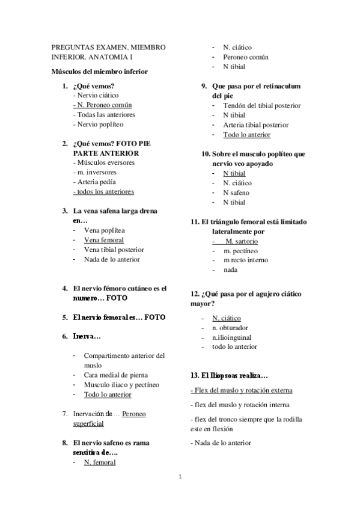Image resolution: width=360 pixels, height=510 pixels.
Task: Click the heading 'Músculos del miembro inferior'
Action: [x=99, y=72]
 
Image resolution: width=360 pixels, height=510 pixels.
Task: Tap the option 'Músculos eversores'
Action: [x=103, y=162]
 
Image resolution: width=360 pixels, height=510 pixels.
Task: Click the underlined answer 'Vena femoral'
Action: [x=104, y=240]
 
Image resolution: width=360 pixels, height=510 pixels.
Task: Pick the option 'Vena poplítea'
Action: [x=105, y=230]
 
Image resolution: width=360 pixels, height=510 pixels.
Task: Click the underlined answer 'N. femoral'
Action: [x=100, y=462]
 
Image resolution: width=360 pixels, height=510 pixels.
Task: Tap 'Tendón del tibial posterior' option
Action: [x=261, y=105]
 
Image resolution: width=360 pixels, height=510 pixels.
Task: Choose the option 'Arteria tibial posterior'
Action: [x=255, y=124]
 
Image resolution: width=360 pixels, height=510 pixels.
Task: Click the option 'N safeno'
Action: [x=237, y=192]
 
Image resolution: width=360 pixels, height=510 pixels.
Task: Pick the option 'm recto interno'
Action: [x=246, y=260]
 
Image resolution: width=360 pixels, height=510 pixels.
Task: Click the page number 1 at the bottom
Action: [x=180, y=478]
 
